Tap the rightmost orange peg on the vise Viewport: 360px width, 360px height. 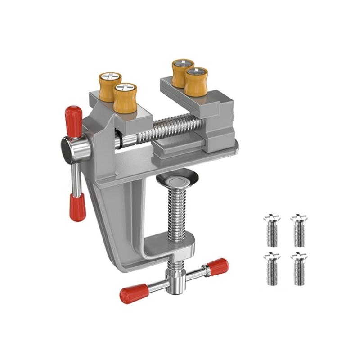(x=196, y=81)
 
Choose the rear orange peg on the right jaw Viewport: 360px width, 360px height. (x=182, y=73)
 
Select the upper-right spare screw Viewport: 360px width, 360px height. (x=299, y=230)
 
